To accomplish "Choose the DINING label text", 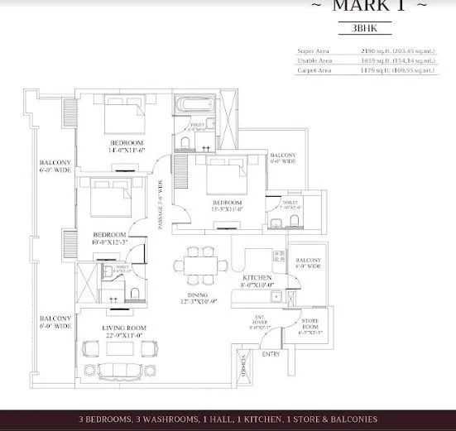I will pyautogui.click(x=196, y=295).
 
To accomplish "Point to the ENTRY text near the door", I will pyautogui.click(x=271, y=354).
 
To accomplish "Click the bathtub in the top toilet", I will pyautogui.click(x=195, y=109).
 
